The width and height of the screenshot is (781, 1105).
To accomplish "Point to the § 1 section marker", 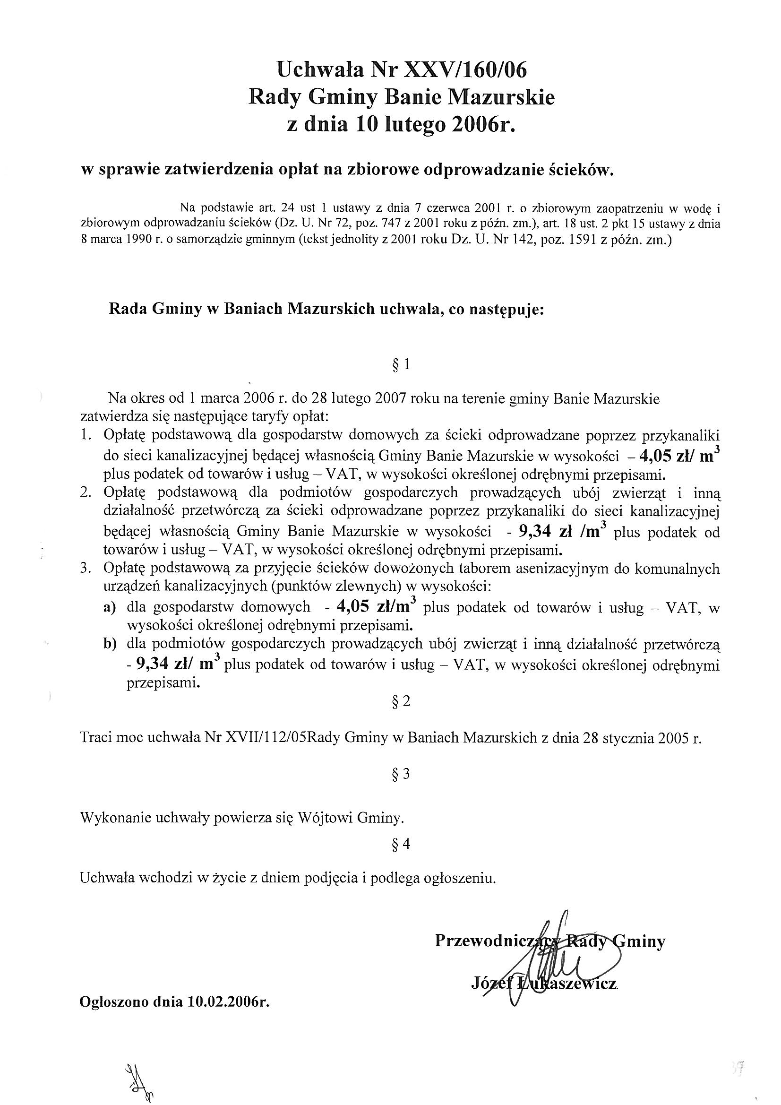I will click(401, 365).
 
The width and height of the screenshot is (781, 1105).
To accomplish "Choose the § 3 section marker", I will click(401, 774).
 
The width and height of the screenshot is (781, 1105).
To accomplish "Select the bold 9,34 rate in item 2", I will click(535, 531).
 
